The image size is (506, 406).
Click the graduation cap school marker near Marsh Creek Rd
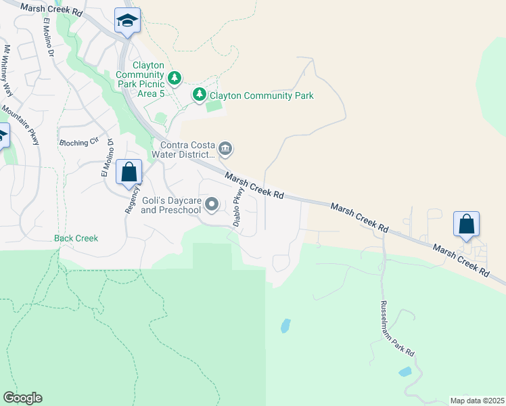pos(127,21)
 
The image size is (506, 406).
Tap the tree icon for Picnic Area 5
pos(175,78)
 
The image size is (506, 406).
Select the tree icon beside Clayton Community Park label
pos(199,95)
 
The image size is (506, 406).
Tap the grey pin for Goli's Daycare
pos(212,204)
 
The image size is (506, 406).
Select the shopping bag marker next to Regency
pos(129,173)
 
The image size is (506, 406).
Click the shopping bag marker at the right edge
pos(466,225)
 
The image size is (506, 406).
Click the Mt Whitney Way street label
pos(8,71)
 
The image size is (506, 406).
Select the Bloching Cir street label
pos(79,143)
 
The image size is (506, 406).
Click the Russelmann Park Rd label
pos(397,329)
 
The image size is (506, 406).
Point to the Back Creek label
pos(76,238)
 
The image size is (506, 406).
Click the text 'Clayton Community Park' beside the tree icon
pos(262,96)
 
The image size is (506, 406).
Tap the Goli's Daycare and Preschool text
pos(171,205)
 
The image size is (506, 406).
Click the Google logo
pos(22,398)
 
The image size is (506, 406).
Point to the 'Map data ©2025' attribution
pos(477,401)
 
